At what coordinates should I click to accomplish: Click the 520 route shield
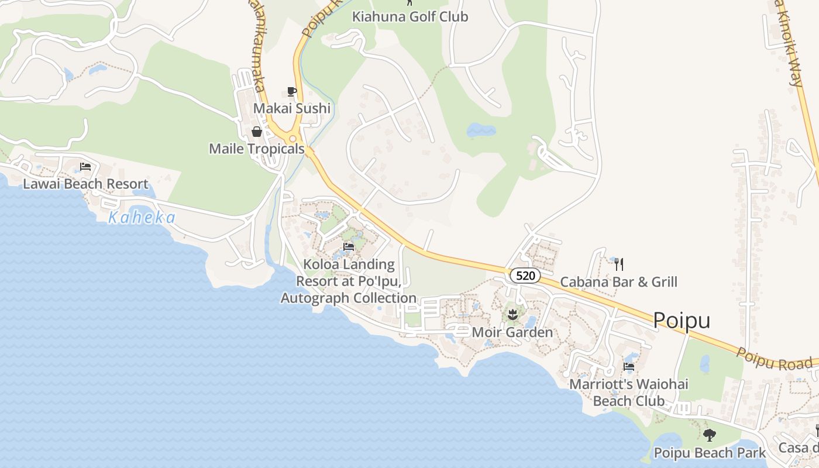click(x=525, y=276)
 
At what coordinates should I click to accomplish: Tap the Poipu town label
click(x=682, y=321)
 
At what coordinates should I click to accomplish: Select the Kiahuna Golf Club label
click(x=410, y=16)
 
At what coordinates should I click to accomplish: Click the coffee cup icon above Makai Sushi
click(x=292, y=91)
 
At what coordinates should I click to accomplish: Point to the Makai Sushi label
click(x=292, y=108)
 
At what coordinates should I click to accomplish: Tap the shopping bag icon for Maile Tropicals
click(x=256, y=132)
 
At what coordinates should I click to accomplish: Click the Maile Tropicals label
click(x=257, y=149)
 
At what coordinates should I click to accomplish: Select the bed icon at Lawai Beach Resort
click(x=85, y=167)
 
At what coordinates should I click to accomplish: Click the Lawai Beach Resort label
click(x=85, y=184)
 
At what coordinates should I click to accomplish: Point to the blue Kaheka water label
click(x=142, y=218)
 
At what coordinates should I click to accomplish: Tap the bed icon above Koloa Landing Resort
click(x=349, y=246)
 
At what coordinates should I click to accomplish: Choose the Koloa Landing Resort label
click(x=349, y=281)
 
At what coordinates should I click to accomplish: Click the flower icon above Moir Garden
click(x=512, y=314)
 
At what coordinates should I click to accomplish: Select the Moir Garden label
click(x=512, y=332)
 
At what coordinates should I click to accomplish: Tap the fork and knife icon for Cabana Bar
click(x=619, y=264)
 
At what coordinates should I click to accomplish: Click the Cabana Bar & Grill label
click(x=619, y=282)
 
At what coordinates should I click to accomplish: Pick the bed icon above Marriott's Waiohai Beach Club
click(x=629, y=367)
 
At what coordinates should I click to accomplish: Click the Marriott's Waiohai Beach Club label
click(x=629, y=393)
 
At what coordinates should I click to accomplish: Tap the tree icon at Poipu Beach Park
click(x=710, y=435)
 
